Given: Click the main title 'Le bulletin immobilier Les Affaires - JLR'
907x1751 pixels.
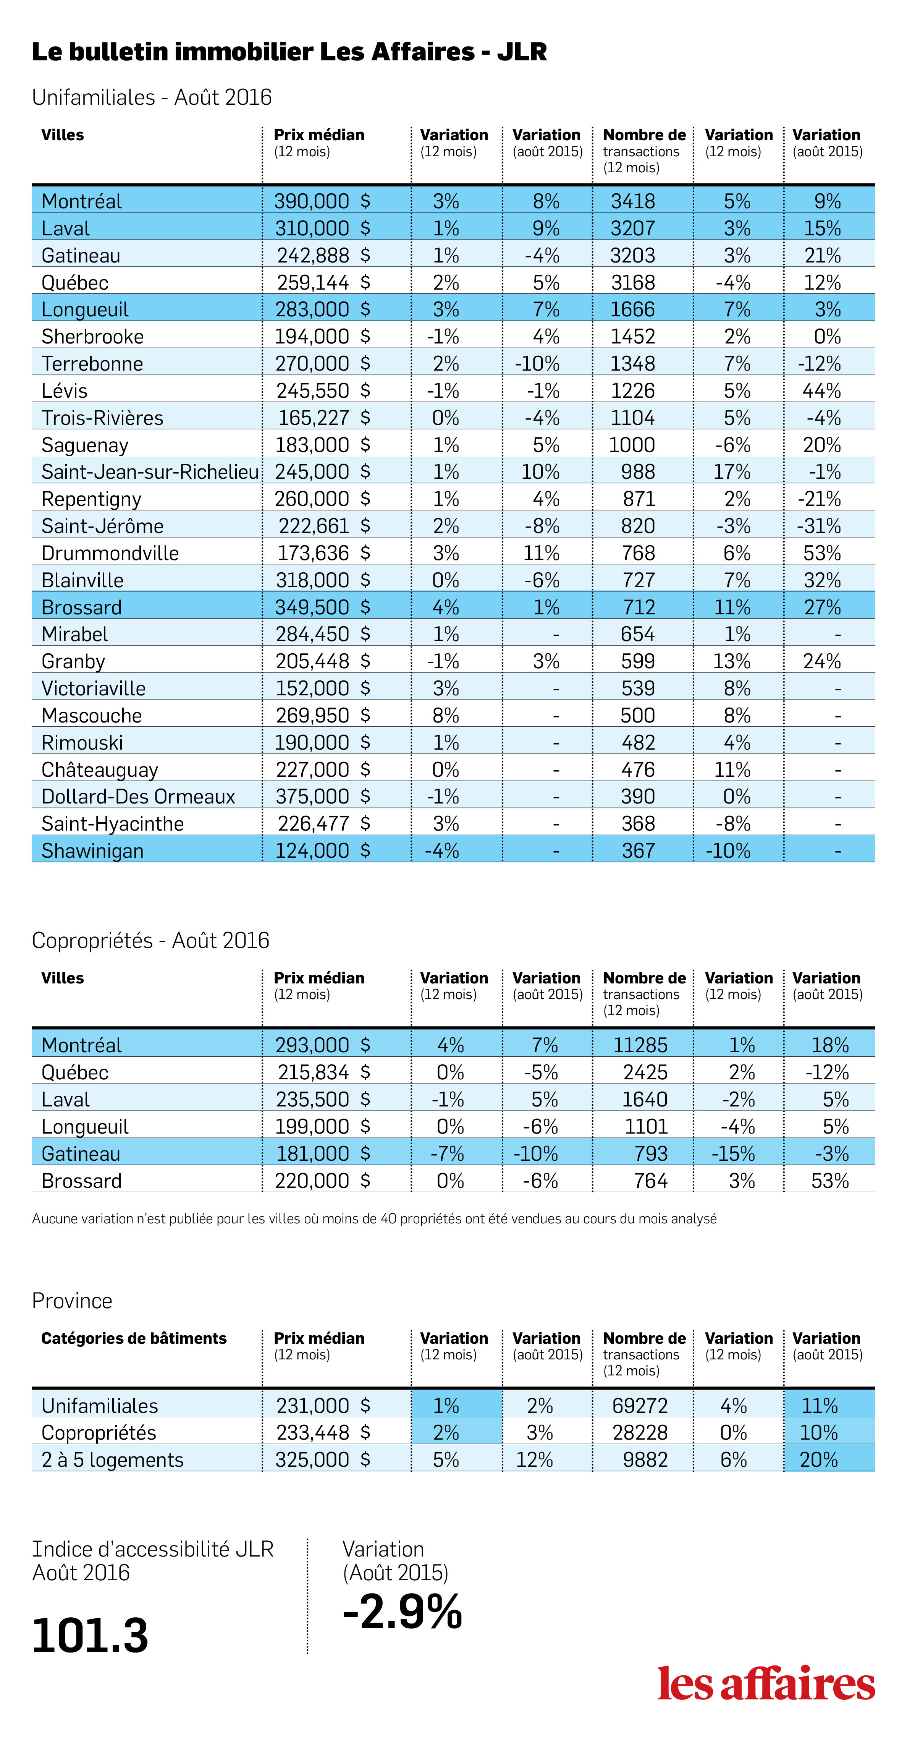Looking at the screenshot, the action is click(x=289, y=52).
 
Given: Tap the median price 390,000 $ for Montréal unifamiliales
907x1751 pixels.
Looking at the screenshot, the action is click(x=322, y=201).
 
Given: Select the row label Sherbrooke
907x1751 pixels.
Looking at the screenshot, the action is click(x=92, y=337).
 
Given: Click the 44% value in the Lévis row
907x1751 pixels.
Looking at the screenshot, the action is click(x=822, y=391).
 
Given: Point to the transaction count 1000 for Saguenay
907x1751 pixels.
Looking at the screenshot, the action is click(x=632, y=445).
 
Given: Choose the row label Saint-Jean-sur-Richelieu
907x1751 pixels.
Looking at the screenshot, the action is click(x=150, y=472).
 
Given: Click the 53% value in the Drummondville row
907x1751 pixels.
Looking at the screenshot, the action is click(x=822, y=553).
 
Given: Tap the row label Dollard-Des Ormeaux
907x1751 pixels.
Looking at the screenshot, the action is click(x=138, y=797).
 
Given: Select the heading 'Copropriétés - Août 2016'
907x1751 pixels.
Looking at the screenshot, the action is click(x=151, y=940).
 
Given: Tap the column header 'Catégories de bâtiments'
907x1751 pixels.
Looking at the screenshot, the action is click(x=134, y=1338).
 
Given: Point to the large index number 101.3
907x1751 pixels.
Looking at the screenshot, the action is click(x=91, y=1636).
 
